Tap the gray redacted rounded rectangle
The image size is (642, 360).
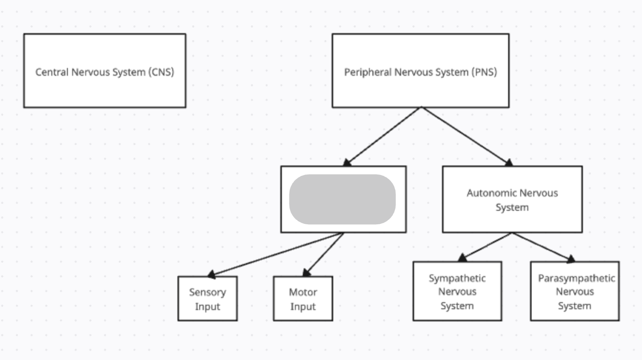click(342, 199)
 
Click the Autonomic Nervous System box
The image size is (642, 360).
click(512, 219)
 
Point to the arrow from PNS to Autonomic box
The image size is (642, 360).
click(465, 136)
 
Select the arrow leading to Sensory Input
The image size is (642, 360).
click(276, 254)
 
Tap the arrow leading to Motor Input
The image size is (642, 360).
click(324, 254)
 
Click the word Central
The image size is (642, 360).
click(51, 72)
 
